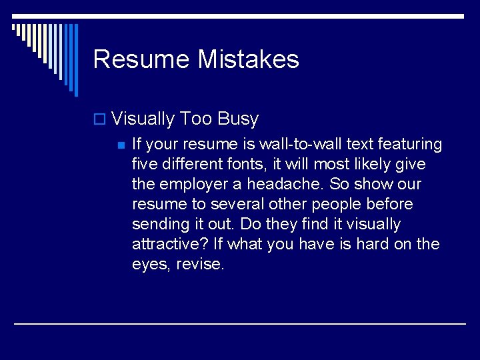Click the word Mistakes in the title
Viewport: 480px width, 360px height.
click(x=248, y=59)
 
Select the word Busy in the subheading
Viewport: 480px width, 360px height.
click(x=238, y=119)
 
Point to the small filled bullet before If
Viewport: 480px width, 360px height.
click(x=120, y=145)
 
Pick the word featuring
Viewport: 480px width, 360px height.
click(x=411, y=144)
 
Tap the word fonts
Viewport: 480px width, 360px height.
click(x=232, y=164)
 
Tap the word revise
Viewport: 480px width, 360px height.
click(x=201, y=264)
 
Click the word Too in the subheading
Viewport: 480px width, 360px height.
click(x=196, y=119)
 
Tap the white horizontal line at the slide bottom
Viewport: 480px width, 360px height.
click(x=240, y=324)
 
